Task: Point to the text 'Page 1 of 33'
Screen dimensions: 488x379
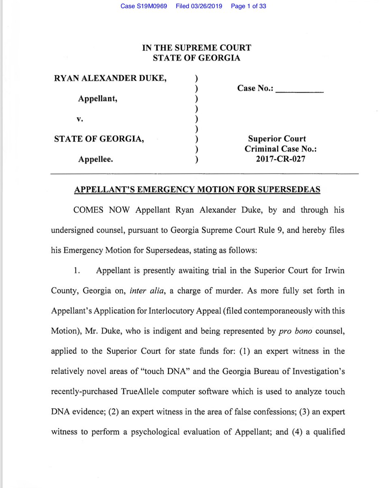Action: tap(248, 7)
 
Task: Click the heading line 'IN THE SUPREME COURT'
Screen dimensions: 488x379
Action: tap(196, 48)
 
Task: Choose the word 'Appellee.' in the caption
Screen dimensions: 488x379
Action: tap(96, 159)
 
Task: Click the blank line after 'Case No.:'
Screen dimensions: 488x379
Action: tap(299, 89)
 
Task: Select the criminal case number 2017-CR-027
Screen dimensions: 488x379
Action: tap(281, 159)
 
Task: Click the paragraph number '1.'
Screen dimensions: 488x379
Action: tap(77, 271)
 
